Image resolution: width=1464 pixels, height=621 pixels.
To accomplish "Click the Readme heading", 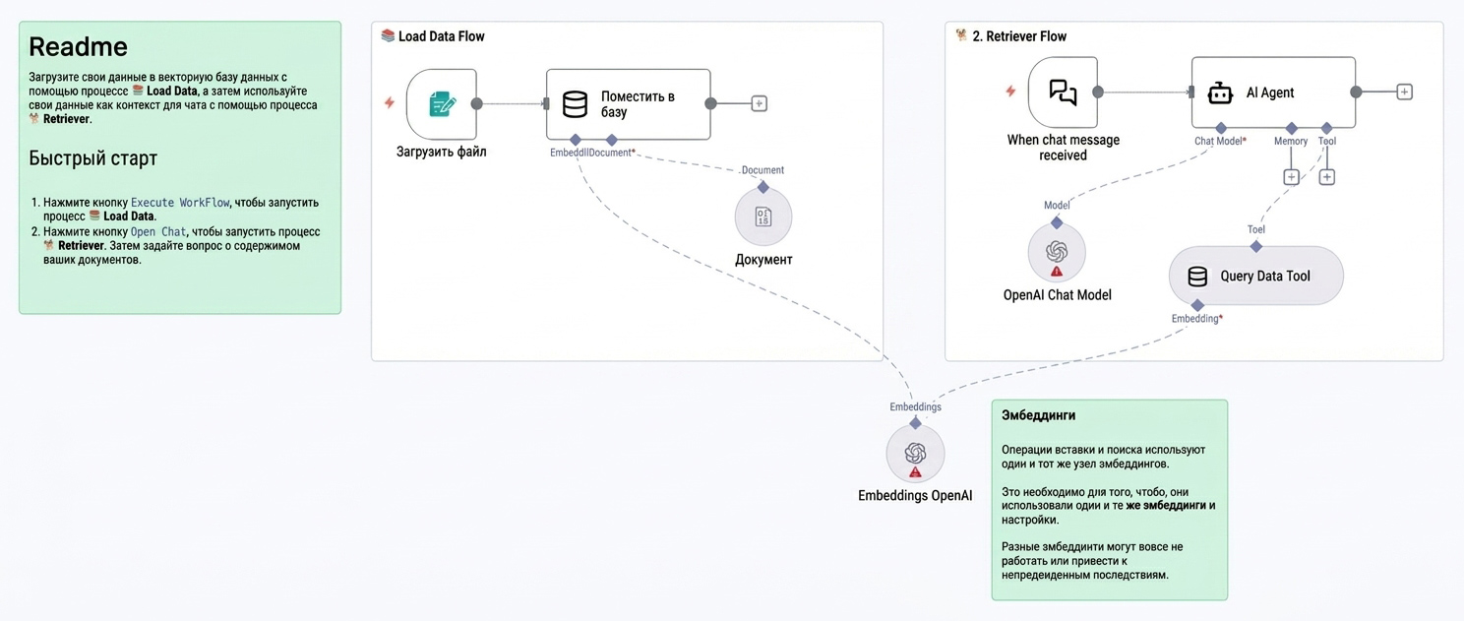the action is [78, 47].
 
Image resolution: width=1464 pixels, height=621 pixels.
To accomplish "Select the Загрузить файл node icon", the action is [441, 104].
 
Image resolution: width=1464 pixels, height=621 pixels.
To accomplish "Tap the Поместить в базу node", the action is [628, 104].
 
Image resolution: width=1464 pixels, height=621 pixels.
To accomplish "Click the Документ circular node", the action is [763, 217].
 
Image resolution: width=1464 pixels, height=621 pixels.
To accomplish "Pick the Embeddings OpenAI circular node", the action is [915, 453].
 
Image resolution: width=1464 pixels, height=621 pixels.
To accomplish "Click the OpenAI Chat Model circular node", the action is [1057, 252].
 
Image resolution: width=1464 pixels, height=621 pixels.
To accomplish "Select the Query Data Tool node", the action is [1256, 276].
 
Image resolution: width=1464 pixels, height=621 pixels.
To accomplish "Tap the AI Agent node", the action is [1273, 93].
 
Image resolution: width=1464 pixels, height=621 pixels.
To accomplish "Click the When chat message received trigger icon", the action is [1063, 93].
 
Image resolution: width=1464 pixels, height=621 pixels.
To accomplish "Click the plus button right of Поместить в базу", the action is [759, 103].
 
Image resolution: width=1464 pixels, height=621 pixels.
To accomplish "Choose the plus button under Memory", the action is [1291, 177].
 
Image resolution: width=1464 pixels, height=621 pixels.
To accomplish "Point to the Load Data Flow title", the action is [441, 36].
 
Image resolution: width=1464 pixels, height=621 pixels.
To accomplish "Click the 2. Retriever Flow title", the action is [1019, 36].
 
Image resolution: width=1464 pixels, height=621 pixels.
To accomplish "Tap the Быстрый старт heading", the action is [92, 158].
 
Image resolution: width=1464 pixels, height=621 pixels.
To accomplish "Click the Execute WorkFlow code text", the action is [180, 203].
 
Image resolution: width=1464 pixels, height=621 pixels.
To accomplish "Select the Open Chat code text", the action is [158, 231].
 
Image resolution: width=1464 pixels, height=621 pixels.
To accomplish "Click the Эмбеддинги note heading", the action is [1039, 415].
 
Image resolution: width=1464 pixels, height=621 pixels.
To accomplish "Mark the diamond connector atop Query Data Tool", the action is [1256, 246].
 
